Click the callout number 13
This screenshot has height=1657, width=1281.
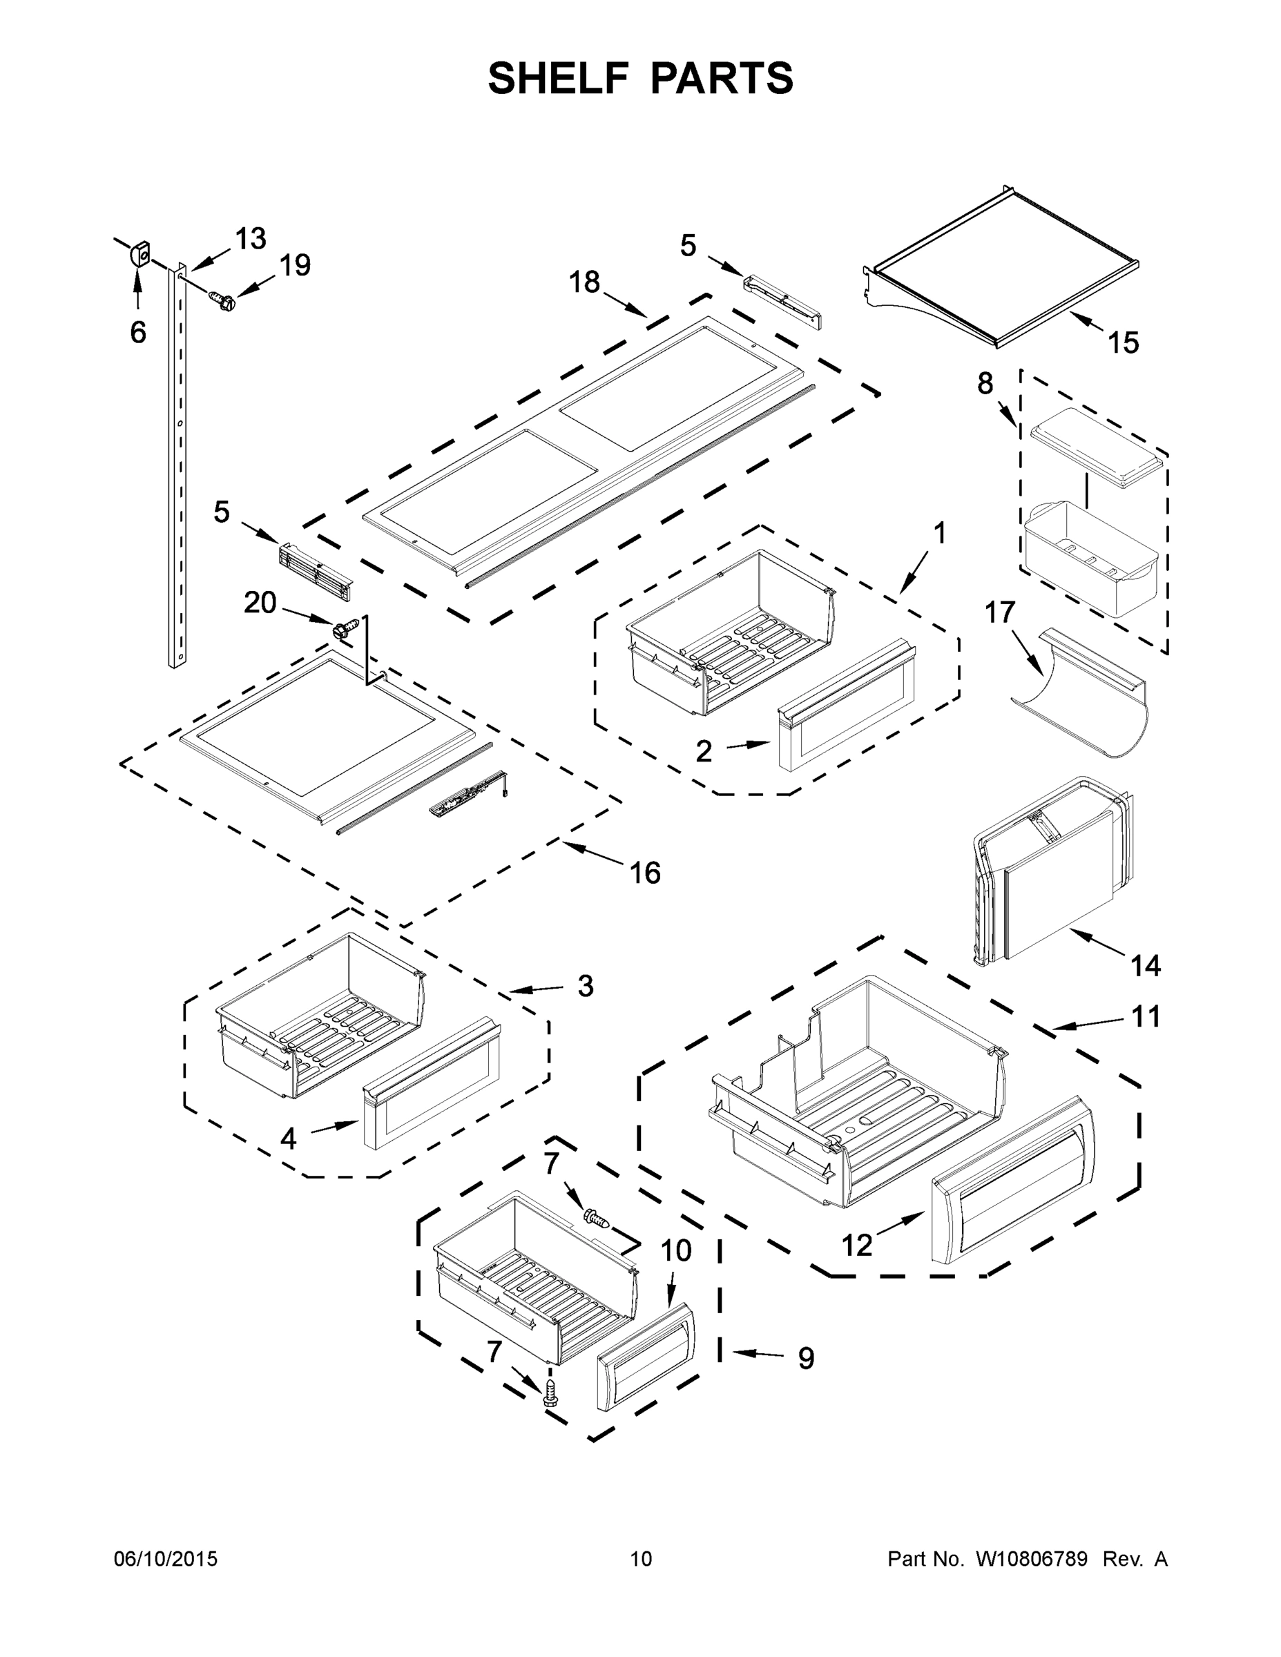pos(251,239)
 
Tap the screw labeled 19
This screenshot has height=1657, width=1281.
pos(223,300)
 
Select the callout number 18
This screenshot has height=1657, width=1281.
pos(584,282)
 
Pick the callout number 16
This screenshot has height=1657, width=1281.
pos(645,873)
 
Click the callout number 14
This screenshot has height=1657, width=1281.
pos(1145,966)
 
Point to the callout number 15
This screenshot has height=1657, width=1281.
pos(1123,343)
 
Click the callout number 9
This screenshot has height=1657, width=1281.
pos(806,1358)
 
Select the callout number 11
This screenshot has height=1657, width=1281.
pos(1145,1017)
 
